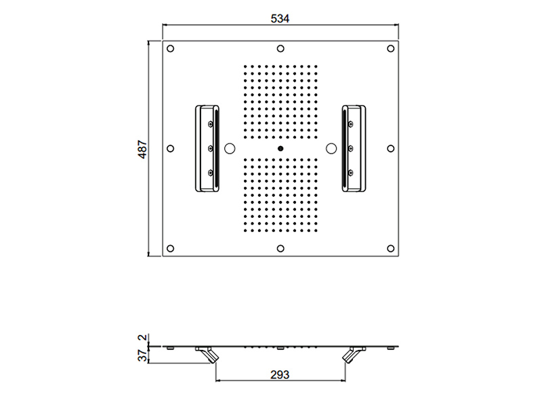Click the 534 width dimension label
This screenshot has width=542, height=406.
(280, 18)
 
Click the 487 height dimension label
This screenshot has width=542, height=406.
(142, 149)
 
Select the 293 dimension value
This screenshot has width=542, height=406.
(280, 375)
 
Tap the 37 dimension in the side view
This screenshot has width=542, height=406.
(142, 355)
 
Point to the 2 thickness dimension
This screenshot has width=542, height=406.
(142, 337)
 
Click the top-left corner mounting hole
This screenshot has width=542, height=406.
(171, 49)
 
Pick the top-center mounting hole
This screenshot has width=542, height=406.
(280, 49)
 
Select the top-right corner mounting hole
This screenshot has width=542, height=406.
(391, 49)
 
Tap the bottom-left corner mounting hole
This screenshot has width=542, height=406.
(171, 248)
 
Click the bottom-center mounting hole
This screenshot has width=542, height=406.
(280, 248)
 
